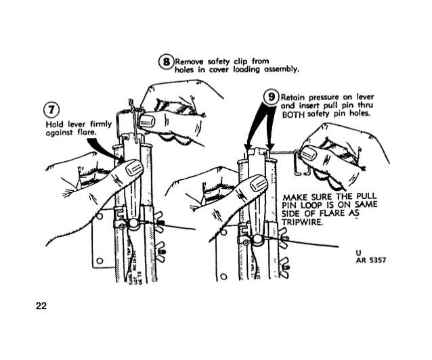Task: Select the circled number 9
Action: [x=272, y=97]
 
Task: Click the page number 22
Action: [x=41, y=307]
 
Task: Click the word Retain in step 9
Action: [x=294, y=97]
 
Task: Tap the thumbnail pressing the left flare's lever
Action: [x=133, y=168]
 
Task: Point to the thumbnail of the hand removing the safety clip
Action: [x=147, y=120]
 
